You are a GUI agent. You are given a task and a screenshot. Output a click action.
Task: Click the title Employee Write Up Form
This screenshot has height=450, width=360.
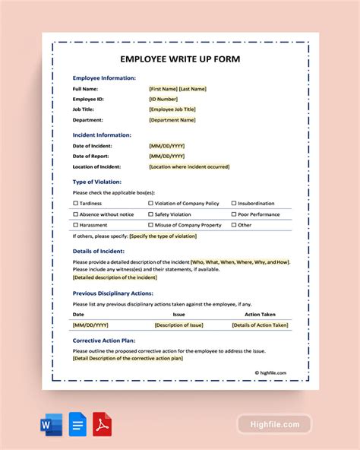[179, 59]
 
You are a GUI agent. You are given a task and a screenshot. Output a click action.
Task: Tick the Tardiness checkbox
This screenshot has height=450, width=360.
[75, 204]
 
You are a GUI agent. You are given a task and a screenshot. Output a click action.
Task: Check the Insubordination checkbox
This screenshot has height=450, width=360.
[234, 204]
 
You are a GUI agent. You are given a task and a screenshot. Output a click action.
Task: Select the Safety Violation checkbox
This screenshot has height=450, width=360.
[151, 214]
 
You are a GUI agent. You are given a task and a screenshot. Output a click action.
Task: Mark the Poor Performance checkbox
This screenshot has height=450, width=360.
[234, 214]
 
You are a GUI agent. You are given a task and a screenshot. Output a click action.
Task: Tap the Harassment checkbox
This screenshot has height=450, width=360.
[75, 225]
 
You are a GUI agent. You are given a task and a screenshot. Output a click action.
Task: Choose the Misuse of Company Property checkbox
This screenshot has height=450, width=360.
[151, 225]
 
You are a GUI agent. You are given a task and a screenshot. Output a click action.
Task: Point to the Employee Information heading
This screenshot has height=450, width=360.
[104, 78]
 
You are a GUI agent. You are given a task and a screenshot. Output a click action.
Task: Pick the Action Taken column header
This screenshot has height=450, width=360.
[260, 313]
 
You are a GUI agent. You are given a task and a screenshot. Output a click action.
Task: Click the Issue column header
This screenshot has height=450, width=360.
[178, 313]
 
